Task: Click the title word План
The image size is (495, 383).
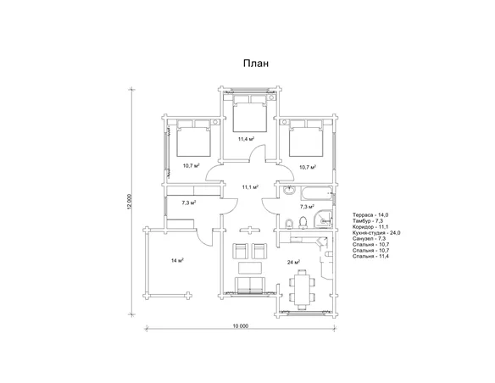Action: [256, 64]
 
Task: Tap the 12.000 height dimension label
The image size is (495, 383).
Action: [129, 203]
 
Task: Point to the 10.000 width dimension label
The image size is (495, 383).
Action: [241, 326]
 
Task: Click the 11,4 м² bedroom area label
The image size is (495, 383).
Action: [247, 138]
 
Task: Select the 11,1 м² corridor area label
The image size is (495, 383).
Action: [250, 187]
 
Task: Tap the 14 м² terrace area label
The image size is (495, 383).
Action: [177, 261]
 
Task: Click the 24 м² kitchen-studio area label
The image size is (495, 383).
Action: [293, 262]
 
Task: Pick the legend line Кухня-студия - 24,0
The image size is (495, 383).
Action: [376, 233]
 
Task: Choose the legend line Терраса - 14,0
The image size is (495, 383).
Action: [370, 215]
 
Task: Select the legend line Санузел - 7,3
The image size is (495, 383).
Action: [370, 238]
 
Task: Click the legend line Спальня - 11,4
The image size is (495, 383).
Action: [371, 256]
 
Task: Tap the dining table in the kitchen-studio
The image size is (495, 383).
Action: [303, 290]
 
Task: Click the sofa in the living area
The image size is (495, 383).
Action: [250, 286]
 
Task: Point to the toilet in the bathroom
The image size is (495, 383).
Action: [303, 222]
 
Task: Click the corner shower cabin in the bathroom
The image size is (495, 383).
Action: [323, 219]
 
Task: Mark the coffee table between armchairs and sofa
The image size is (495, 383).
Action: [250, 268]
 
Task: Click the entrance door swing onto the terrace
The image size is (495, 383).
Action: [203, 237]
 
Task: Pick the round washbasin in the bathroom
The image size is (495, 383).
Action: [289, 191]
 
